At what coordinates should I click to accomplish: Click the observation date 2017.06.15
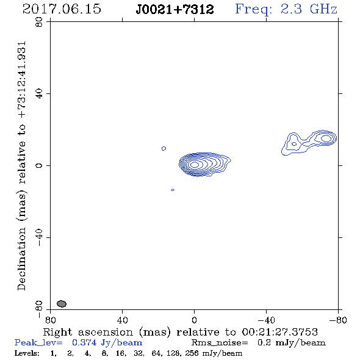(62, 9)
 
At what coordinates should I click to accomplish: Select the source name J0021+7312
(175, 9)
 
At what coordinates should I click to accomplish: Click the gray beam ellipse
(62, 304)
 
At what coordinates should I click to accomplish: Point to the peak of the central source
(195, 164)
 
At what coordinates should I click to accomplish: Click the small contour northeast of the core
(164, 148)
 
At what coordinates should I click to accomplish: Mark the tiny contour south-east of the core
(173, 190)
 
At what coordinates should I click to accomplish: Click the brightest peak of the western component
(326, 139)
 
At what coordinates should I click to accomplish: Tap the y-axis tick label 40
(39, 94)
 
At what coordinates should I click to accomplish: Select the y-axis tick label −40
(39, 237)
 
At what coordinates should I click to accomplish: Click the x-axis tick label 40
(123, 320)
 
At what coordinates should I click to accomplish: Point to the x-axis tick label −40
(266, 320)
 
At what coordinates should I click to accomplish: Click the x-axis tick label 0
(195, 320)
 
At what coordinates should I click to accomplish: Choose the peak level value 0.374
(84, 342)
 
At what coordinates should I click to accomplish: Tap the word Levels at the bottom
(27, 353)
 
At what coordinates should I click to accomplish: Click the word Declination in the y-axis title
(21, 259)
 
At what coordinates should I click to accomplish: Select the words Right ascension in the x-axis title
(88, 332)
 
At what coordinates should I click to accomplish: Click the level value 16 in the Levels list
(120, 353)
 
